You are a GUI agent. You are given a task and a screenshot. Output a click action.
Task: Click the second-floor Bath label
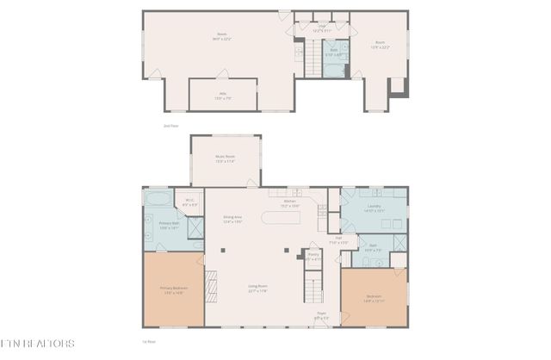tap(333, 51)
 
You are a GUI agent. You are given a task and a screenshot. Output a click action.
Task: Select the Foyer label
tap(321, 316)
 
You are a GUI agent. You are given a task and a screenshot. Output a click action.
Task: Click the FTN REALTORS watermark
tap(38, 344)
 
